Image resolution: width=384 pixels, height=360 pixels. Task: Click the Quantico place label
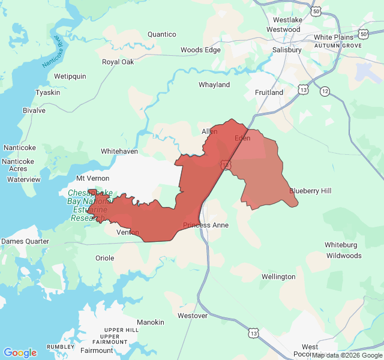click(162, 34)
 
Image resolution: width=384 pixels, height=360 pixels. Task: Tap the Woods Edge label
click(200, 50)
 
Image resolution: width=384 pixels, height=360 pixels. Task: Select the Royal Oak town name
click(118, 62)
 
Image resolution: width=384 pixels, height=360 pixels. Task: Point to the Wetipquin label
click(70, 76)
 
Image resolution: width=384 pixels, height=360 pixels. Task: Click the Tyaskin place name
click(48, 92)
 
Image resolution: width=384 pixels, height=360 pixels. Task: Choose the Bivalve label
click(34, 110)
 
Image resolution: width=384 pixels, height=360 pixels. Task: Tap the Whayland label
click(214, 85)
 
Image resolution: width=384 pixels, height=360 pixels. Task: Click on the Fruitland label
click(269, 92)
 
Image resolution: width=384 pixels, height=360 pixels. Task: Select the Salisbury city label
click(287, 50)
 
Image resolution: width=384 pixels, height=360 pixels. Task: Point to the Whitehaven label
click(119, 151)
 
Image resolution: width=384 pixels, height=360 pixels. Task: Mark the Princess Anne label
click(206, 225)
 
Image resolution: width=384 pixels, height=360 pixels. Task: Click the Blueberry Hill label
click(310, 191)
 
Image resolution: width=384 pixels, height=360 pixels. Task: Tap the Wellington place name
click(278, 277)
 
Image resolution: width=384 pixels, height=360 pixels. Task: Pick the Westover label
click(193, 315)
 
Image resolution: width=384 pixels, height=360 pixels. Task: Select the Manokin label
click(151, 322)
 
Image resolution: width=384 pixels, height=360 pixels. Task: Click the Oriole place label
click(105, 258)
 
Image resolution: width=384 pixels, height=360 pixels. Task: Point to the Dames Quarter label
click(25, 241)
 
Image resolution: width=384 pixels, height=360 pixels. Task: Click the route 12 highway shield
click(325, 91)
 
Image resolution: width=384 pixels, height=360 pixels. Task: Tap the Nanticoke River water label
click(52, 53)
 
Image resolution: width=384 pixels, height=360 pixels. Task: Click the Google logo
click(20, 353)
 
